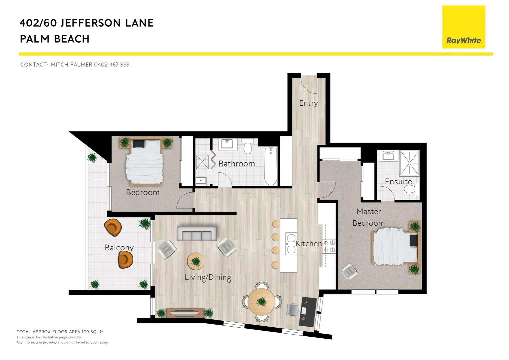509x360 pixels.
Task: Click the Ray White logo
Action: pos(463,27)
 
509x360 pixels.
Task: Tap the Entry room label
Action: pos(308,103)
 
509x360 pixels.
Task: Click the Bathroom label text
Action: pos(237,164)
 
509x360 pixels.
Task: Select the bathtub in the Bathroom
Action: pos(270,166)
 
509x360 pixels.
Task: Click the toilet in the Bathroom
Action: pos(248,147)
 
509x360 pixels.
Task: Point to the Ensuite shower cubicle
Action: pos(409,162)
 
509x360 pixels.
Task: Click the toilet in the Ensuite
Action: pos(411,189)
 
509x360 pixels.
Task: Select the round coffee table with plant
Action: pos(196,261)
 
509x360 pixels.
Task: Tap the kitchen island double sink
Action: pos(291,244)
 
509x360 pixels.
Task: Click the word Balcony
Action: pos(119,248)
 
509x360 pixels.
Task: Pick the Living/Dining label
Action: pos(208,277)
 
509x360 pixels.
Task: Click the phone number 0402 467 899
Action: pos(112,65)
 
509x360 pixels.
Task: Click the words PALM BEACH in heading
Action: pos(55,39)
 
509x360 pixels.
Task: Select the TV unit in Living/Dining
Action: pos(185,313)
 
